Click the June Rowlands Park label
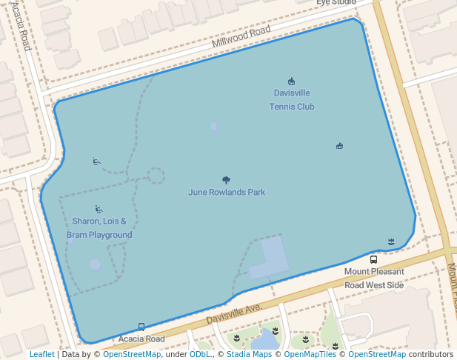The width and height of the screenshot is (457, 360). (227, 193)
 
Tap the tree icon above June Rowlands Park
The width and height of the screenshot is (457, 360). (226, 180)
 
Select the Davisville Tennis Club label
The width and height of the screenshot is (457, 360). (291, 100)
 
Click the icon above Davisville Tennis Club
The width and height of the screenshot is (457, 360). (291, 81)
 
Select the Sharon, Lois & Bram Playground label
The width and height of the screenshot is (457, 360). (99, 228)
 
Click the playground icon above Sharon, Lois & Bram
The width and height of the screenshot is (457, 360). (99, 210)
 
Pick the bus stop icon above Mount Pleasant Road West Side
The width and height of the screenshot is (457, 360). (373, 260)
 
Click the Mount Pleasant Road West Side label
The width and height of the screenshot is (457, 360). (374, 279)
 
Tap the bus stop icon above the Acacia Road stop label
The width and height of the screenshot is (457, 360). (141, 327)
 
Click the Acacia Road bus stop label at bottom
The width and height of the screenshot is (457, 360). (141, 339)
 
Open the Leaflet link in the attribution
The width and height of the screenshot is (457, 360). (42, 355)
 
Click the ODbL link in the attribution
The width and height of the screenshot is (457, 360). (199, 355)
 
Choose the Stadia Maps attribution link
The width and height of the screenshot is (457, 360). (249, 355)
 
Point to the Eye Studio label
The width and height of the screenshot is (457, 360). (336, 3)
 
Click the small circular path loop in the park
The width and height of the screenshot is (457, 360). (156, 176)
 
